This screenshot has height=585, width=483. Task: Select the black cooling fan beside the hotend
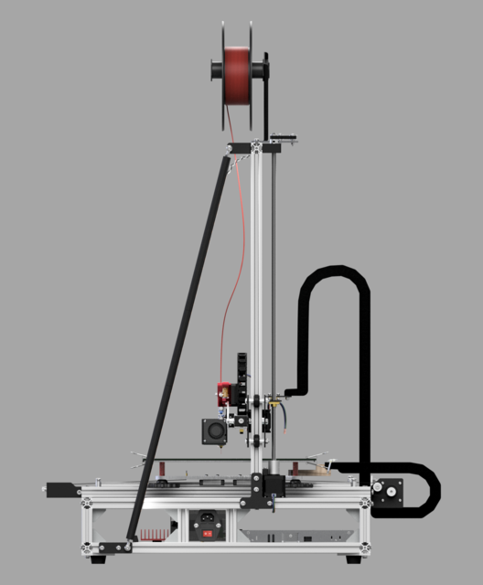click(x=215, y=431)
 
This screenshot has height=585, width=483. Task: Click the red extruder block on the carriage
click(x=221, y=392)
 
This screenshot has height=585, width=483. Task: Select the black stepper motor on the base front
click(x=272, y=484)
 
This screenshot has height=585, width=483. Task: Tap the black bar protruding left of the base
click(x=64, y=489)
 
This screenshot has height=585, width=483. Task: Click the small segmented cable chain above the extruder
click(x=241, y=366)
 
